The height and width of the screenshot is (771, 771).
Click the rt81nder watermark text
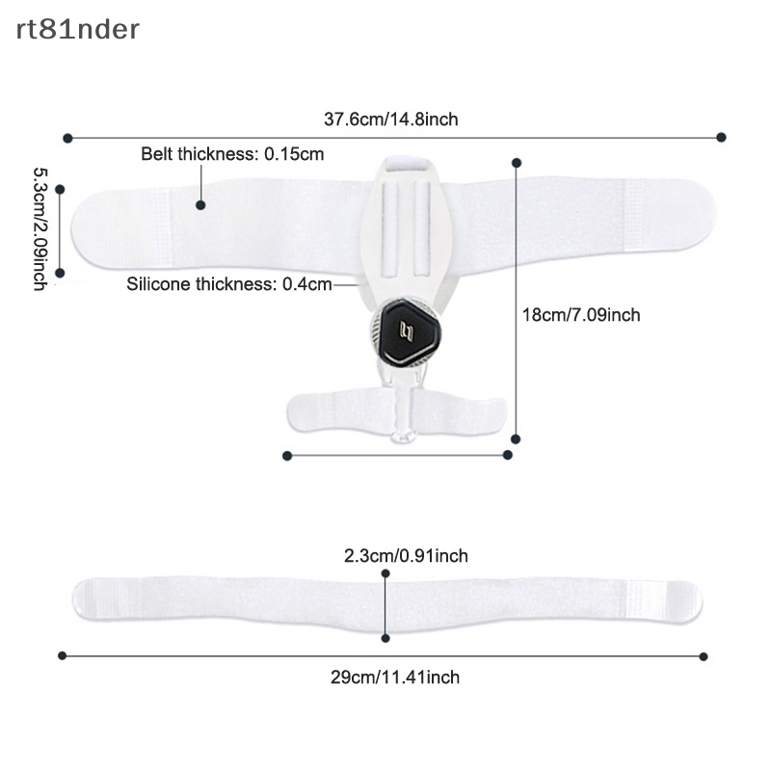click(78, 30)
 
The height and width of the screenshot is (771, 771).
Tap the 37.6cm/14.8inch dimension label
click(391, 120)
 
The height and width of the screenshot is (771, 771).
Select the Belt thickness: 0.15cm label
click(232, 154)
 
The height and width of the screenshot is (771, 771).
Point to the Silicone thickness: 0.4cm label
click(229, 284)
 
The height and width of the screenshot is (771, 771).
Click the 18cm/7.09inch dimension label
click(581, 315)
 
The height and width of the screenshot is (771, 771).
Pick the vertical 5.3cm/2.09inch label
click(40, 229)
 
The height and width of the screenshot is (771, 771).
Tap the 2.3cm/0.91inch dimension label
click(406, 556)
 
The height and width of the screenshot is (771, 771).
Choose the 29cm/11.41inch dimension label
click(395, 678)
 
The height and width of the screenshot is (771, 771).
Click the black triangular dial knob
click(406, 332)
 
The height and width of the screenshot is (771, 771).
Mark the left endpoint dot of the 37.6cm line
click(67, 138)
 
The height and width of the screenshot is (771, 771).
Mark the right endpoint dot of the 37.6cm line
click(721, 137)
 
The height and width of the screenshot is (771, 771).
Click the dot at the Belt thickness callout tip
click(200, 205)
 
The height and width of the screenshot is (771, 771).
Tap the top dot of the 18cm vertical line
click(517, 163)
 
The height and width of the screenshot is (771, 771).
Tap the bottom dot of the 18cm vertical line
click(516, 439)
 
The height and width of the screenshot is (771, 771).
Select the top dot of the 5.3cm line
click(60, 189)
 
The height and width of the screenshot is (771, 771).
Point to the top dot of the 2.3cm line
click(385, 573)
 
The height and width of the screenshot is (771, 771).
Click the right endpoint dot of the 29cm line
click(704, 656)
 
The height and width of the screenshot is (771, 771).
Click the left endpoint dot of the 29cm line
click(62, 655)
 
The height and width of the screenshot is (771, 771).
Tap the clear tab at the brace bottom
click(403, 435)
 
